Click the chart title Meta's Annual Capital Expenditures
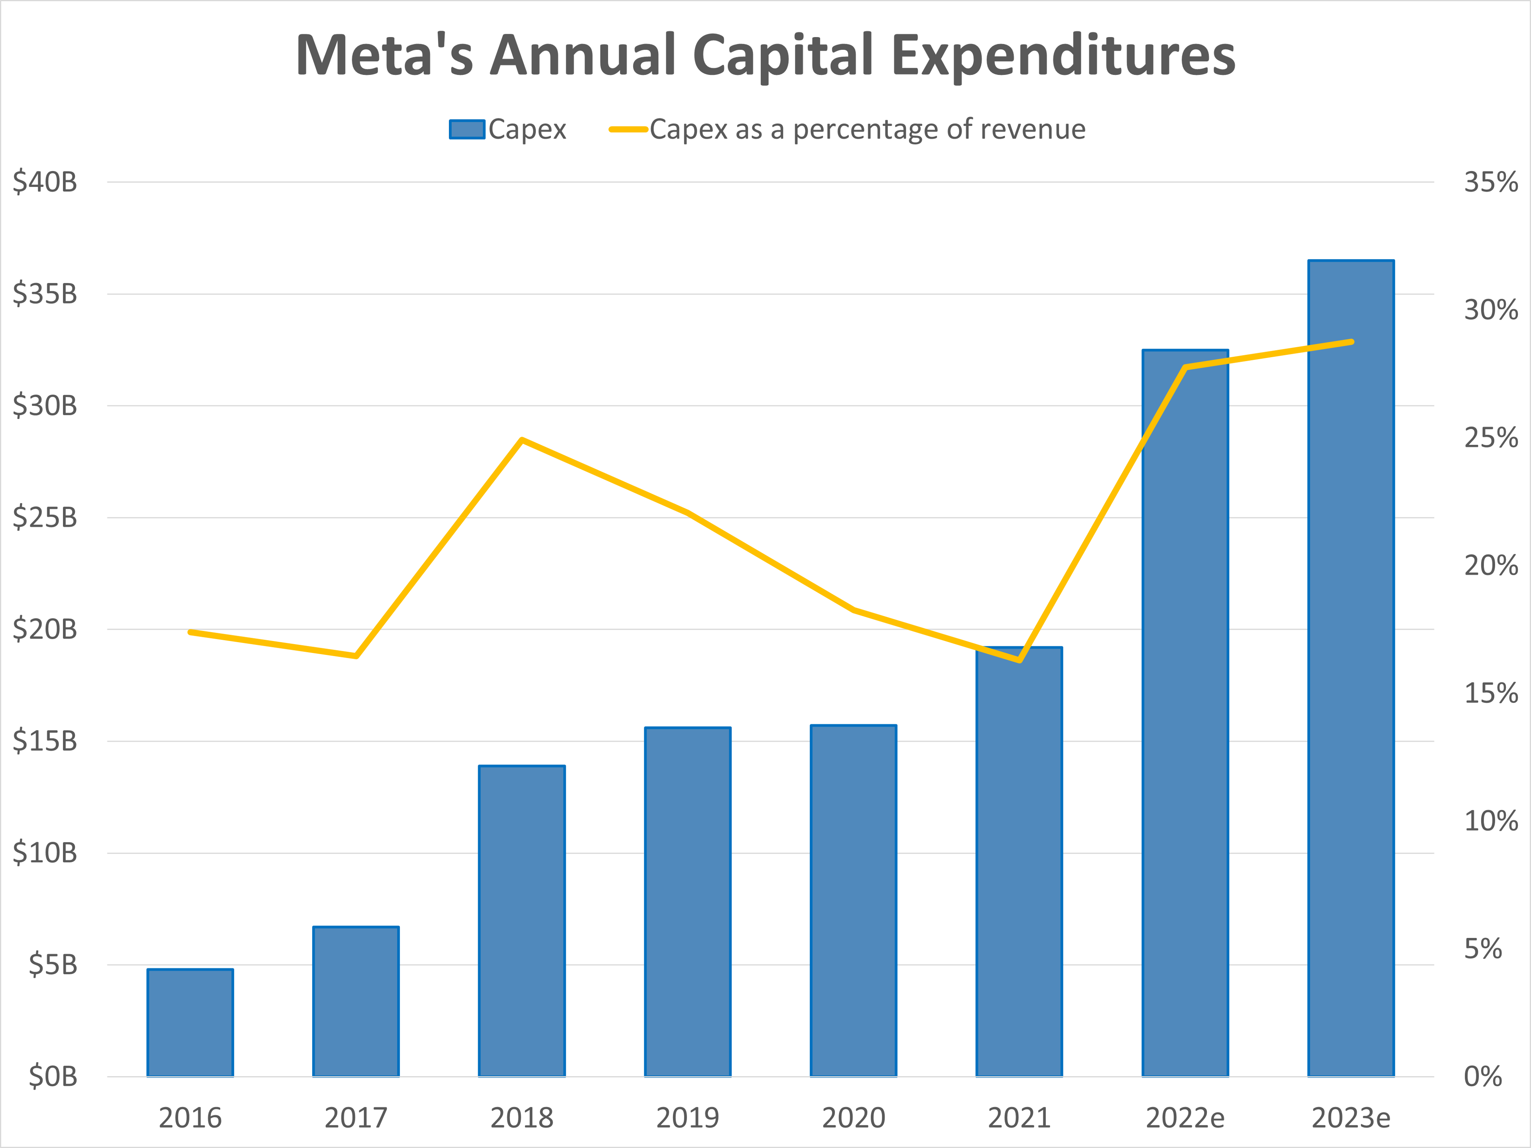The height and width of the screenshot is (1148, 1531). coord(765,55)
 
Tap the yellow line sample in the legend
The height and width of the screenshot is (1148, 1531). coord(628,130)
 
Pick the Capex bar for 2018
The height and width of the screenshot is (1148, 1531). coord(522,920)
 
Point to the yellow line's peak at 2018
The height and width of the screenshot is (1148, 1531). coord(522,440)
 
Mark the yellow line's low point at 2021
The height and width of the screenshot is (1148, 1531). coord(1019,660)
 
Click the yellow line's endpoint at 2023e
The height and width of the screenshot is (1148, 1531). coord(1352,342)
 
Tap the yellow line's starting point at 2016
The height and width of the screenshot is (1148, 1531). coord(190,632)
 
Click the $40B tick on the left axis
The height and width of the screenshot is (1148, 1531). coord(45,183)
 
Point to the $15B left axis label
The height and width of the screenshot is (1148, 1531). coord(45,741)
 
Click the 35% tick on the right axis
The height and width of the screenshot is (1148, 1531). coord(1490,183)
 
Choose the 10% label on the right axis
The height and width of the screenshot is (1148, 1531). coord(1490,822)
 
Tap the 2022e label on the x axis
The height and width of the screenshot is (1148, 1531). coord(1185,1118)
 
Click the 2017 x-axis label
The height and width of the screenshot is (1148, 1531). coord(356,1118)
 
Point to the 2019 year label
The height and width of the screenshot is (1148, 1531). coord(687,1118)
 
